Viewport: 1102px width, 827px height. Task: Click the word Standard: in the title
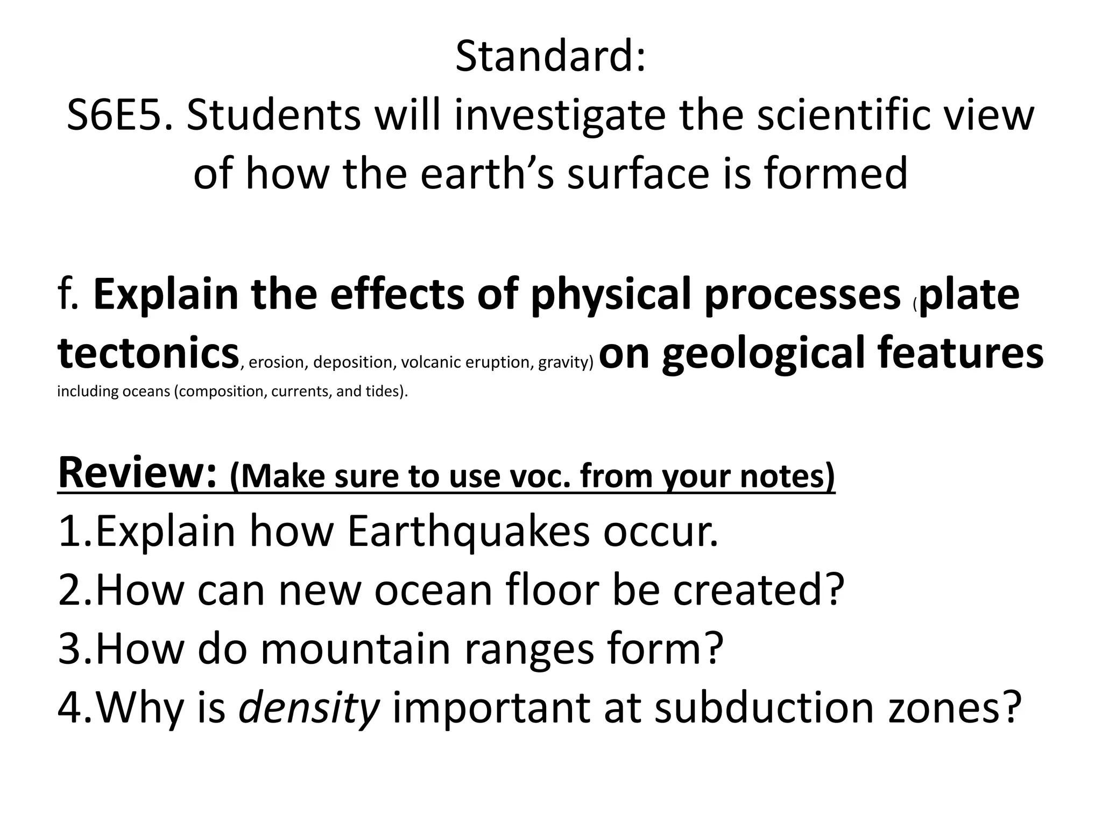point(550,57)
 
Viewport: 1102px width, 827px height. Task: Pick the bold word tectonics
point(148,353)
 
